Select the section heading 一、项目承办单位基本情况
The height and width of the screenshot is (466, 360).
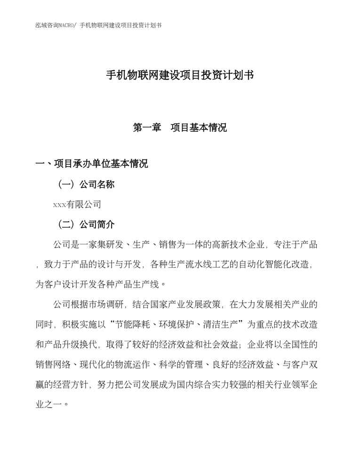[x=92, y=164]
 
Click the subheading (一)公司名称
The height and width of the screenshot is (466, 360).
[x=85, y=184]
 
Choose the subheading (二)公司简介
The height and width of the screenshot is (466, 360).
[x=85, y=224]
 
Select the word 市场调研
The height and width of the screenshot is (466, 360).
[x=113, y=304]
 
